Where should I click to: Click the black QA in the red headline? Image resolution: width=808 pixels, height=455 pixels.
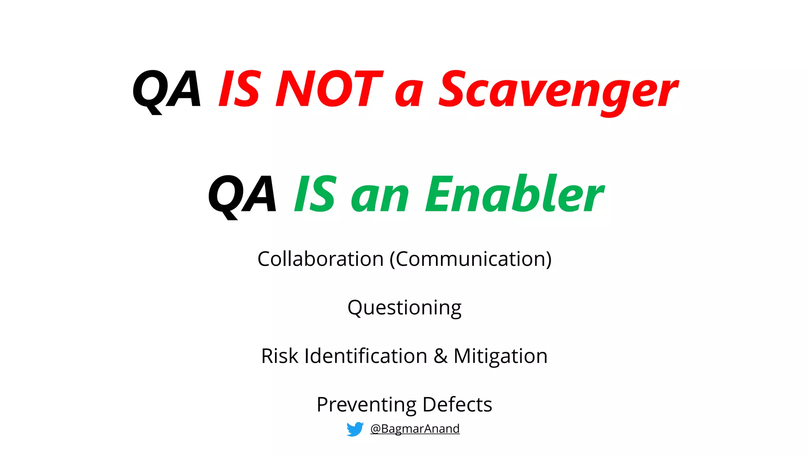pos(167,89)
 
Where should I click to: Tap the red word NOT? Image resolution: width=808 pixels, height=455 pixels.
pos(329,89)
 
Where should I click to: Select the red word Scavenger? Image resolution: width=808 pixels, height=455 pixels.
pos(558,91)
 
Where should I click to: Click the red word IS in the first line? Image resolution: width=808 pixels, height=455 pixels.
pos(239,89)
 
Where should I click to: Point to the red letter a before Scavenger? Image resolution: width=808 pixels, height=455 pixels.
pos(409,94)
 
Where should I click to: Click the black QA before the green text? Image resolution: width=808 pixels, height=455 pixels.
pos(242,195)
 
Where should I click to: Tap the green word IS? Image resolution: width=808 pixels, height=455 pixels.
pos(316,194)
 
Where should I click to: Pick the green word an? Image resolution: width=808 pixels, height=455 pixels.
pos(380,197)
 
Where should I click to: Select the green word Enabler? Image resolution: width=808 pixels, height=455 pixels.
pos(514,194)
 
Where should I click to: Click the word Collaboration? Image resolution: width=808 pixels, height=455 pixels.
pos(320,259)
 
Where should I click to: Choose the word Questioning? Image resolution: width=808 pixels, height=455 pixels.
pos(404,308)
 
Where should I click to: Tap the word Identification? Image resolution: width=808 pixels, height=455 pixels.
pos(366,356)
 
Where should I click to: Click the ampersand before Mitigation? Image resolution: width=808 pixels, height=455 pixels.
pos(440,356)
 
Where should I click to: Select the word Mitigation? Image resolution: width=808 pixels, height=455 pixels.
pos(500,357)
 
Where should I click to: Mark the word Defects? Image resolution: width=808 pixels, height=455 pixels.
pos(457,404)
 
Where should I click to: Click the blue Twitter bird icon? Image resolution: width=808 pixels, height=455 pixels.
pos(355,429)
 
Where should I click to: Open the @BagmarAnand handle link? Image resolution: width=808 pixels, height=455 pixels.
pos(415,429)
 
